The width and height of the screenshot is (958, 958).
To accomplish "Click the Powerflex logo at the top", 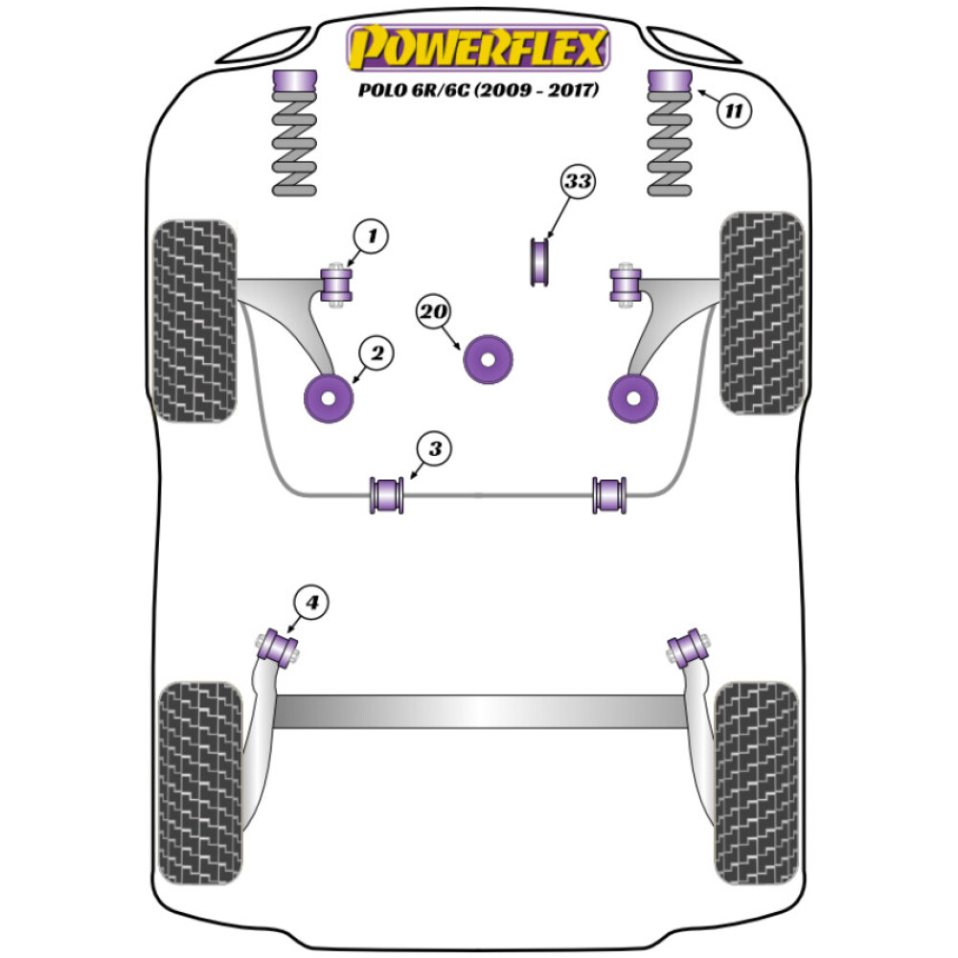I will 478,49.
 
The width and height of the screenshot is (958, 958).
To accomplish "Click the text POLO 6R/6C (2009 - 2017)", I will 478,92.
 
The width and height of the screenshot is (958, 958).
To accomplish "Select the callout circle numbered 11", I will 733,110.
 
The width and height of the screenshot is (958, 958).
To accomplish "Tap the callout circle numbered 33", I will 578,183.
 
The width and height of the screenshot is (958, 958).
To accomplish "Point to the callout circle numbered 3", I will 434,447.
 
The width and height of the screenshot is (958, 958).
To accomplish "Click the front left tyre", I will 194,321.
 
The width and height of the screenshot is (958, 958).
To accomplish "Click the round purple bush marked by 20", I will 489,359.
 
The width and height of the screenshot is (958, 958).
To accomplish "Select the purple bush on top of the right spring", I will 671,83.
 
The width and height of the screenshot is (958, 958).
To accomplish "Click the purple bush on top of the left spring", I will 294,83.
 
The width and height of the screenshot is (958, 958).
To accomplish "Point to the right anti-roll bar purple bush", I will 609,493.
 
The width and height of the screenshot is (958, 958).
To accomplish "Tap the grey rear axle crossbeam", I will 479,710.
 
